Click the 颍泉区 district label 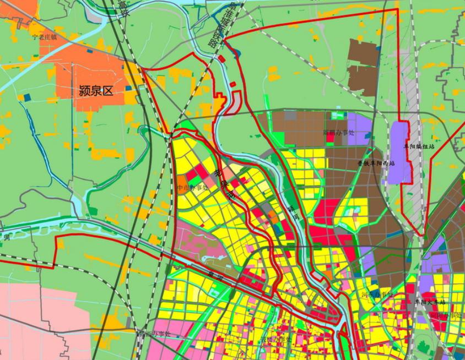(96, 91)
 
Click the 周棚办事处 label (339, 133)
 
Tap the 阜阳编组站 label (419, 147)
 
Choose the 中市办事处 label (192, 187)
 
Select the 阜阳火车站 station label (430, 302)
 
